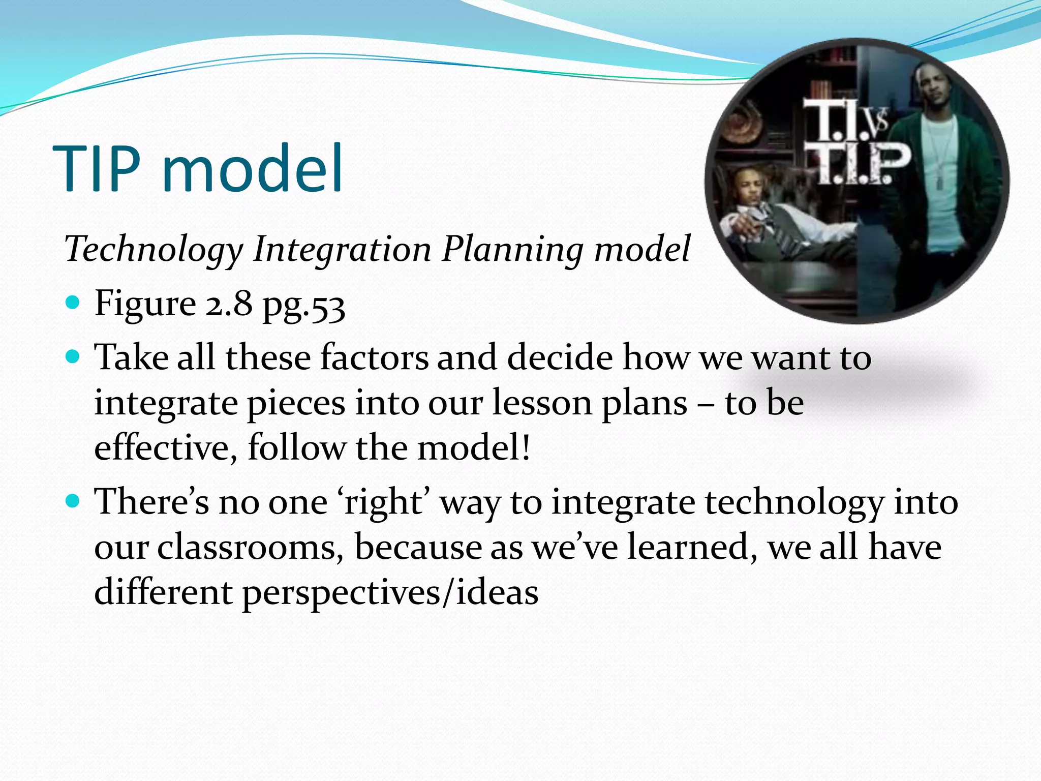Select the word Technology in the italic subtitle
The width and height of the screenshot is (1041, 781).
tap(154, 250)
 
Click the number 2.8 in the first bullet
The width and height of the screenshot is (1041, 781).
tap(229, 304)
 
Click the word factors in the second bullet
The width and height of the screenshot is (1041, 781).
tap(374, 357)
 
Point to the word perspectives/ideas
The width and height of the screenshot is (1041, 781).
tap(389, 593)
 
